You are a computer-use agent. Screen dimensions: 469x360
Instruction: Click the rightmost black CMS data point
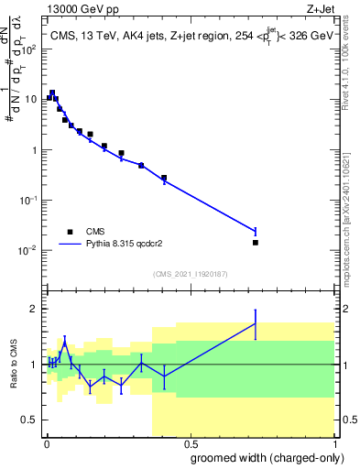tap(255, 242)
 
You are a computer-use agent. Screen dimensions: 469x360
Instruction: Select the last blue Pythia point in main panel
tap(255, 231)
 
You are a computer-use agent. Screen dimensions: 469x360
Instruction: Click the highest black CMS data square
tap(52, 93)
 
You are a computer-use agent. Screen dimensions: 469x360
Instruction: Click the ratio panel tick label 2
tap(34, 309)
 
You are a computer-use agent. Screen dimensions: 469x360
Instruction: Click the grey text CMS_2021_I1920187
tap(190, 273)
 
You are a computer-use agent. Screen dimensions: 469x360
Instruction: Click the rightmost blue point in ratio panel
tap(255, 323)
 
